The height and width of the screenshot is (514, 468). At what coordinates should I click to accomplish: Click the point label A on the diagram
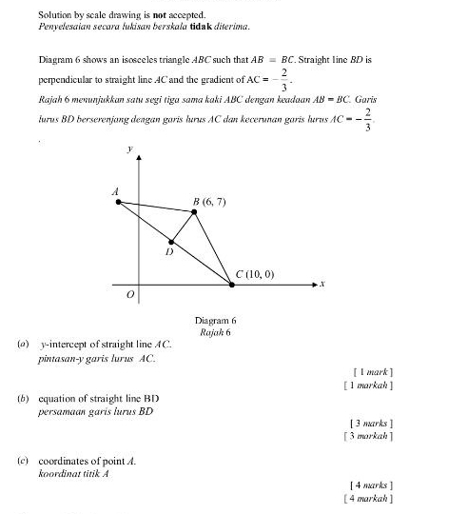[116, 191]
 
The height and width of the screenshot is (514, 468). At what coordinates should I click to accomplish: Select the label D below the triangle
[169, 253]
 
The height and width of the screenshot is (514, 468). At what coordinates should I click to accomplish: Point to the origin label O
[131, 296]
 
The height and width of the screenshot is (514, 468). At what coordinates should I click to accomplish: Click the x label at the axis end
[322, 284]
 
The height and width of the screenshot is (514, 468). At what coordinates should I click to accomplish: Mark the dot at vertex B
[195, 211]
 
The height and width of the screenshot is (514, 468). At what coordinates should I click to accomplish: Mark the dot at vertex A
[119, 202]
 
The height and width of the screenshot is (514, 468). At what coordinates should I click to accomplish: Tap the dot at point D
[172, 241]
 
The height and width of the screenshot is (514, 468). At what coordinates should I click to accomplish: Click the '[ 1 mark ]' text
[372, 371]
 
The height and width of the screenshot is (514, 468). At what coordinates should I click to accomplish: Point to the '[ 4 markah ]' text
[368, 498]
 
